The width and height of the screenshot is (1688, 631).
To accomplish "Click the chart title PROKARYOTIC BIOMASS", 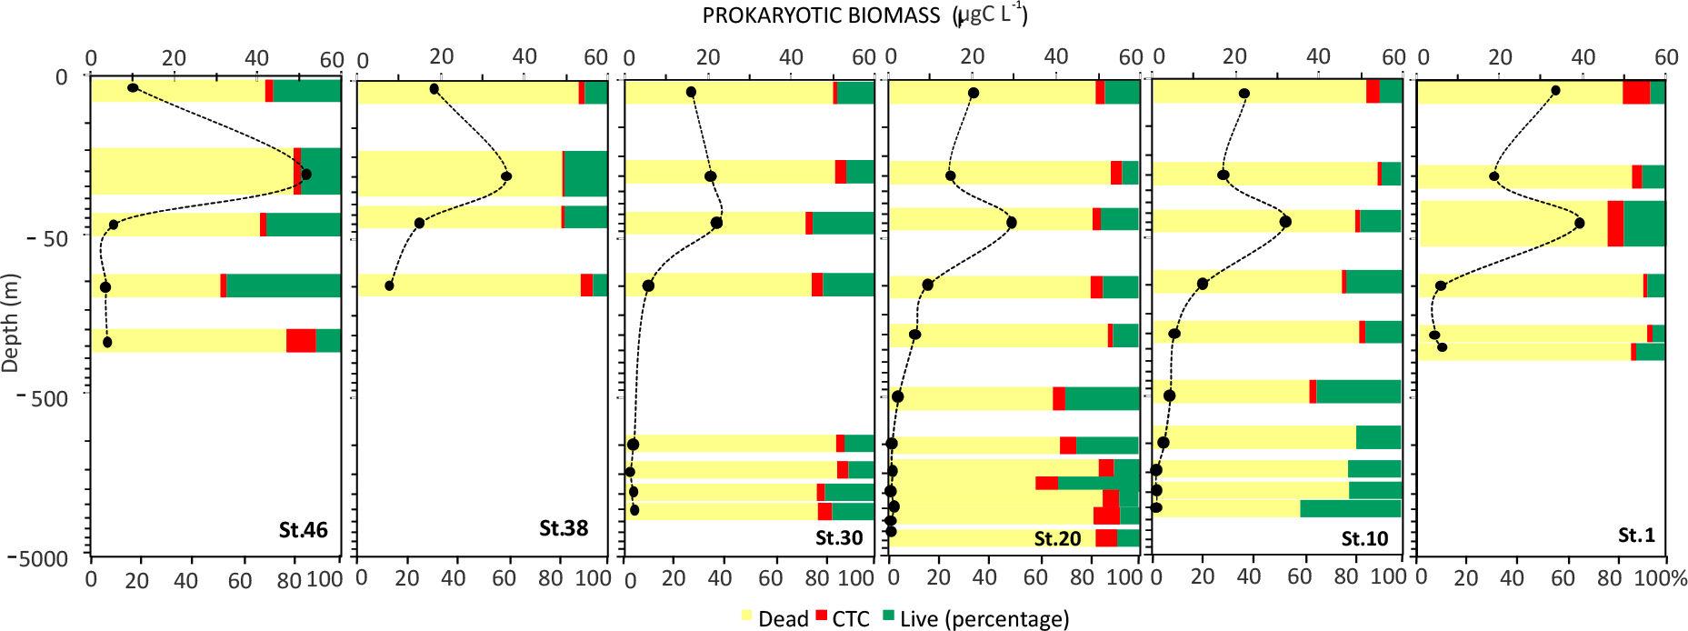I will pyautogui.click(x=821, y=16).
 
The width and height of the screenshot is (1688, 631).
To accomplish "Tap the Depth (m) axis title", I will pyautogui.click(x=11, y=323).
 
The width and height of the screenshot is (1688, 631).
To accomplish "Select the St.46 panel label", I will pyautogui.click(x=303, y=530).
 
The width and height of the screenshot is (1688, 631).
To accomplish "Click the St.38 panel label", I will pyautogui.click(x=564, y=528).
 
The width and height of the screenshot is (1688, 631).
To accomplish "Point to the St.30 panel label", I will pyautogui.click(x=838, y=537).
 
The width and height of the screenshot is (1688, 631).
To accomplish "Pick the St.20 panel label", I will pyautogui.click(x=1057, y=538).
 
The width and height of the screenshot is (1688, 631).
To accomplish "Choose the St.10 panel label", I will pyautogui.click(x=1364, y=538).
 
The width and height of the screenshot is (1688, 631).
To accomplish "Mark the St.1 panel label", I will pyautogui.click(x=1636, y=535).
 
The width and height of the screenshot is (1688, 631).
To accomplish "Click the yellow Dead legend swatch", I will pyautogui.click(x=747, y=616).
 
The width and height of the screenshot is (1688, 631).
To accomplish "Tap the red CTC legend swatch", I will pyautogui.click(x=822, y=616).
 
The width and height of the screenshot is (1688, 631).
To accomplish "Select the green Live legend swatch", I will pyautogui.click(x=889, y=616).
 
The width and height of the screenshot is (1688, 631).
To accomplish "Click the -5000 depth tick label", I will pyautogui.click(x=39, y=558).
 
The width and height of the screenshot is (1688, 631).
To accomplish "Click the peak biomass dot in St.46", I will pyautogui.click(x=306, y=175).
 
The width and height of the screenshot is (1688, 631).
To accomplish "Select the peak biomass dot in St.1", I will pyautogui.click(x=1579, y=223).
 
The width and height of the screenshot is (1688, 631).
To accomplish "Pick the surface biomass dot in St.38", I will pyautogui.click(x=434, y=89).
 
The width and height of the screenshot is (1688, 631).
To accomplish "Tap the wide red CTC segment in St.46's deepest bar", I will pyautogui.click(x=301, y=340).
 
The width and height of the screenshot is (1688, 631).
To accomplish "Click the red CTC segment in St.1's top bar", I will pyautogui.click(x=1636, y=92).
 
